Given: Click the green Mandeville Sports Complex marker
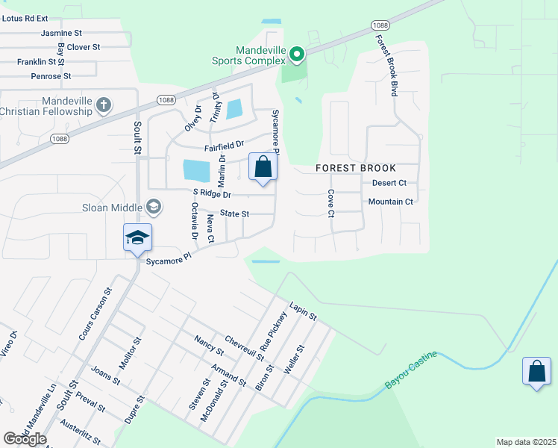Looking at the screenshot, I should (x=297, y=54).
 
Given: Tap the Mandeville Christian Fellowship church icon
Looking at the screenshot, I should (x=104, y=105).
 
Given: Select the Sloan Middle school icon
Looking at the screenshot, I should (x=154, y=206).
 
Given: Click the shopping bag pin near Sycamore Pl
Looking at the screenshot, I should (x=263, y=167).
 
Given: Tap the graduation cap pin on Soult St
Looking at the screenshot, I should (x=138, y=238).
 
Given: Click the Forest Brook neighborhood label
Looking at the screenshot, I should (x=356, y=168).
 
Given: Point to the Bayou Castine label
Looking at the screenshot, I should (x=410, y=370).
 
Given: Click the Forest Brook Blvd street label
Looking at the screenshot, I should (x=385, y=66).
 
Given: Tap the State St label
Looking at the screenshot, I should (x=234, y=214).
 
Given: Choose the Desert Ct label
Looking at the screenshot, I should (x=389, y=183).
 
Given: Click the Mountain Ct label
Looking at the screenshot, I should (x=391, y=202).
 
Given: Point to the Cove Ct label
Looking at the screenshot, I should (x=330, y=203).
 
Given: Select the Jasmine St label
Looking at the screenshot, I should (x=61, y=33).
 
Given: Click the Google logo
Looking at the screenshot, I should (x=25, y=439).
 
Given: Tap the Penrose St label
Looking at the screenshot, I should (x=51, y=76).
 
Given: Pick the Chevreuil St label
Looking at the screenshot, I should (x=245, y=347).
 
